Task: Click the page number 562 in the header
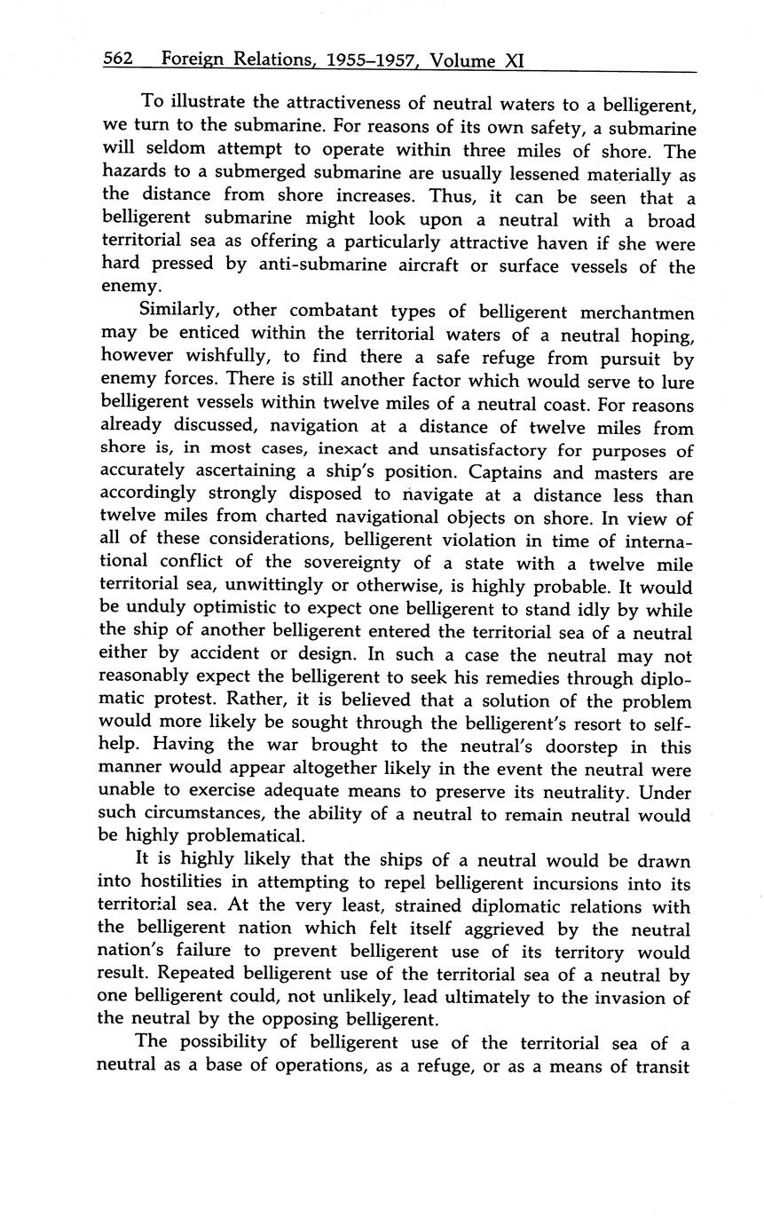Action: [118, 59]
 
